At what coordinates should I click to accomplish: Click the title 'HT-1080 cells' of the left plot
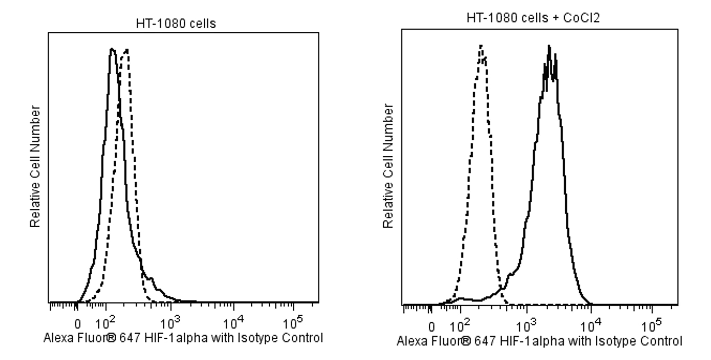[x=176, y=24]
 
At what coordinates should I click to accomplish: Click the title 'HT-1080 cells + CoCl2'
[x=533, y=18]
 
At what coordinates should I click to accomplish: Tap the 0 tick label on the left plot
[x=77, y=324]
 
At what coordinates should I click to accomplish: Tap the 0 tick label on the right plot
[x=431, y=327]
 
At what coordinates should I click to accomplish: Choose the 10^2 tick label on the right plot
[x=460, y=326]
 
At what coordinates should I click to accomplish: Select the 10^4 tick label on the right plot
[x=590, y=326]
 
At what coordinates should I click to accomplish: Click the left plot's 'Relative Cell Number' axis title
[x=36, y=166]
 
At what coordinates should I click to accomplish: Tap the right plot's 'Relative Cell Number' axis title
[x=389, y=166]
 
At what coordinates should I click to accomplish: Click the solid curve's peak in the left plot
[x=112, y=48]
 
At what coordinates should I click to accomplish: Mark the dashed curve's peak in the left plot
[x=126, y=49]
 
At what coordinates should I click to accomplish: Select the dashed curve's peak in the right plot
[x=481, y=45]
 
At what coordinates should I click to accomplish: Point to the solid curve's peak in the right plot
[x=549, y=46]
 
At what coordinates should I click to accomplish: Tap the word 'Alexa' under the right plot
[x=410, y=341]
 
